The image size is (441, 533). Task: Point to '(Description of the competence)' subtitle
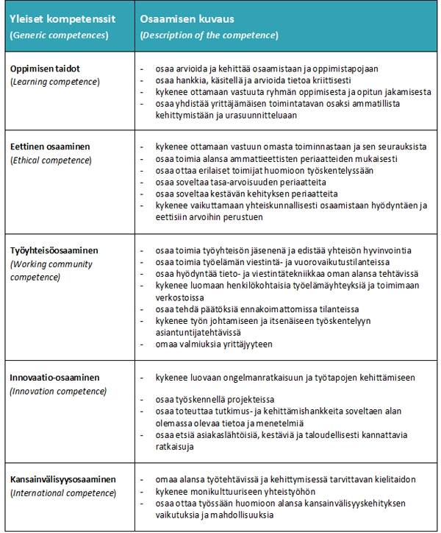(x=209, y=35)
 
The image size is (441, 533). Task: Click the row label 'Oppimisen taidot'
(x=46, y=68)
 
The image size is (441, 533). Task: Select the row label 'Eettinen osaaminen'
(x=50, y=147)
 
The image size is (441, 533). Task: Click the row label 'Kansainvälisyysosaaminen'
(x=63, y=480)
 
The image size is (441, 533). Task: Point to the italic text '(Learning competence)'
(x=54, y=81)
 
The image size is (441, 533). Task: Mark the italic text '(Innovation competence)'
(x=58, y=391)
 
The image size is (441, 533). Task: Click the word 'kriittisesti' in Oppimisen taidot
(x=334, y=80)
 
